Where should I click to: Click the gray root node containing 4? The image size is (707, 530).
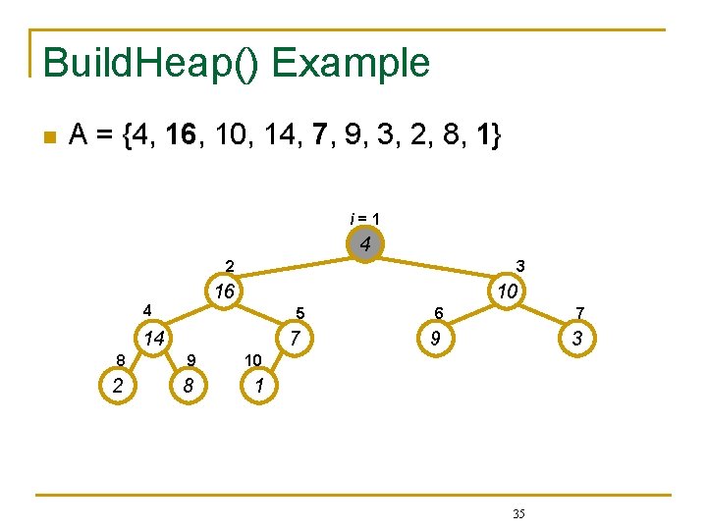click(364, 243)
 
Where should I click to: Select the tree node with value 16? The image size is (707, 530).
click(225, 291)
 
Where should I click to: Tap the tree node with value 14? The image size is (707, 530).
click(151, 339)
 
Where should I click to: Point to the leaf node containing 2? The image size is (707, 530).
click(118, 386)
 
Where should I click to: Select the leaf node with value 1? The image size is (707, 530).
click(257, 386)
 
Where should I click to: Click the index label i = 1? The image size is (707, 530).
click(364, 218)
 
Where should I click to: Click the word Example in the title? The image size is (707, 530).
click(352, 63)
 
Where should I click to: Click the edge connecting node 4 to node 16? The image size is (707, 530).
click(295, 267)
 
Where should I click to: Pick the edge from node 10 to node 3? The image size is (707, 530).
click(542, 315)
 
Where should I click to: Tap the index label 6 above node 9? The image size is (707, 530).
click(442, 313)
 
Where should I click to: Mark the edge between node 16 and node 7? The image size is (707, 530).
click(258, 315)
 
